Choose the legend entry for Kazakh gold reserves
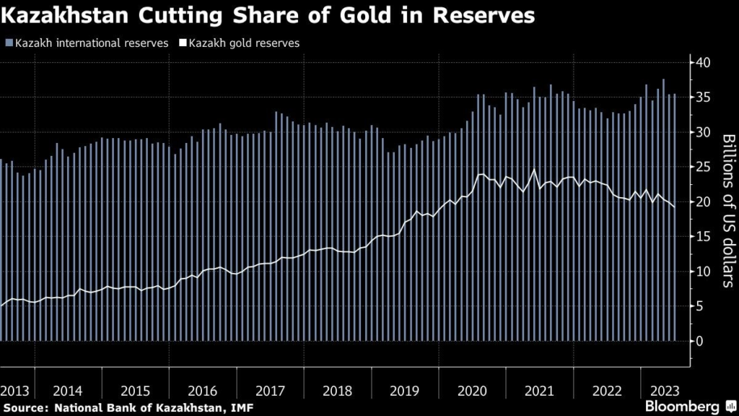(243, 43)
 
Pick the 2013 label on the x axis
(14, 391)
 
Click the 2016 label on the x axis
(203, 391)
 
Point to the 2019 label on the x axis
(405, 391)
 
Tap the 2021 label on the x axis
(539, 391)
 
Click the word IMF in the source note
(242, 408)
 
